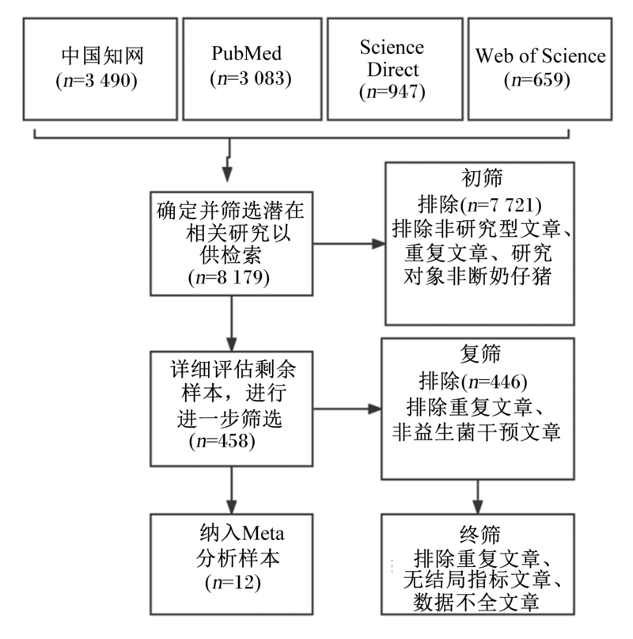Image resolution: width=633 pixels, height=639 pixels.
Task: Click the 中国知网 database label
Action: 103,56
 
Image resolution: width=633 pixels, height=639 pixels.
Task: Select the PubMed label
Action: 246,53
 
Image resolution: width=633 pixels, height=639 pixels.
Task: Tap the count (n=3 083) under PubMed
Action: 251,78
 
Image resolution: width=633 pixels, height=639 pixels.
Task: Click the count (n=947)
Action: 392,92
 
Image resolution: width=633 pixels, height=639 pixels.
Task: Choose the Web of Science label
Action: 540,55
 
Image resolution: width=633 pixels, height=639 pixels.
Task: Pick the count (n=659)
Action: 537,79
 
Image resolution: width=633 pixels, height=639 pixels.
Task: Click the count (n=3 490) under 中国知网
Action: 96,80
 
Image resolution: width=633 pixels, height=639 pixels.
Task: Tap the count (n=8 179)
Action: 229,277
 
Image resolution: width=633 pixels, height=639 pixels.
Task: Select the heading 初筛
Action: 481,177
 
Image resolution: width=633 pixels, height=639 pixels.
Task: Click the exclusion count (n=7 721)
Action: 501,204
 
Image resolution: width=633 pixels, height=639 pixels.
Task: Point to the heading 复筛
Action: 480,353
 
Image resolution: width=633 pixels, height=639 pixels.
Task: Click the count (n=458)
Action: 222,441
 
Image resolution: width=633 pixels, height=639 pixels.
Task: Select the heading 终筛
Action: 479,534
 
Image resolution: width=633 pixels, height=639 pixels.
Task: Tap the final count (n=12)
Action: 233,583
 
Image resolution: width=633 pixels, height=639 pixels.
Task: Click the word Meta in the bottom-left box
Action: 263,534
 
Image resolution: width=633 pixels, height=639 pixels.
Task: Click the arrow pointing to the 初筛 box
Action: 349,244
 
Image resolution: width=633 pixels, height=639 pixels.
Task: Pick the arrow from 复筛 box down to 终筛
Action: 477,496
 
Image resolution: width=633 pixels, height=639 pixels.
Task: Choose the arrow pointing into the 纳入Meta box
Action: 231,490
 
